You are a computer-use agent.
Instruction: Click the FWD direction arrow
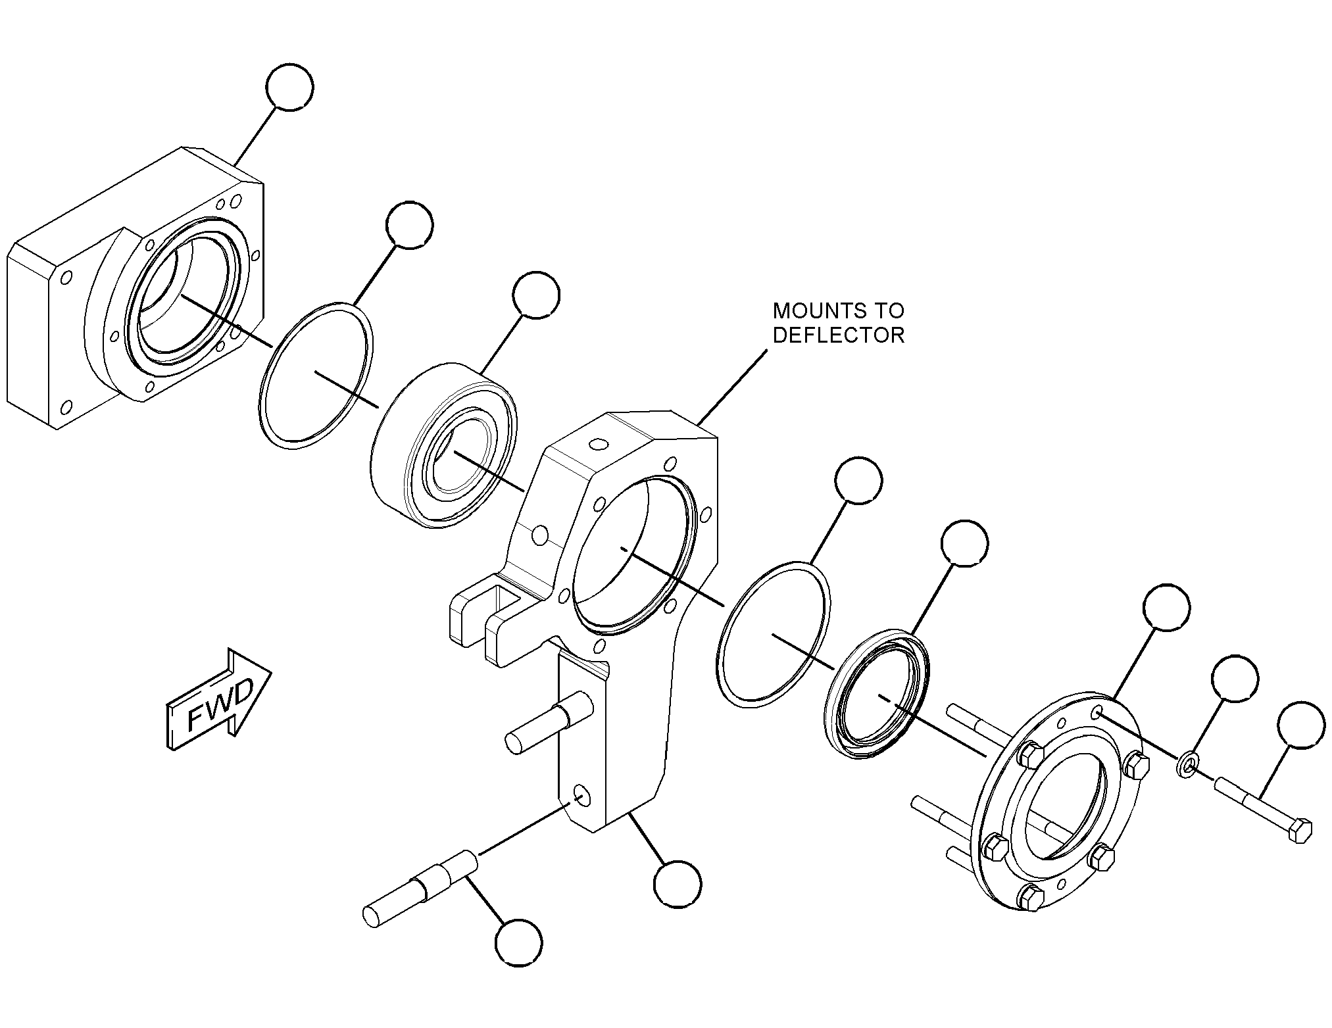(x=219, y=702)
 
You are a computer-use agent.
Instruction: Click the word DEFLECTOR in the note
(x=838, y=335)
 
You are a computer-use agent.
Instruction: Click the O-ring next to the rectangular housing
(x=317, y=376)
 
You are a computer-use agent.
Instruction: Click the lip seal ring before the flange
(x=877, y=695)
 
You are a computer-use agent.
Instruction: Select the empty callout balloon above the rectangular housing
(x=290, y=87)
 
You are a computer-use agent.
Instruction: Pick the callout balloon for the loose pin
(x=519, y=943)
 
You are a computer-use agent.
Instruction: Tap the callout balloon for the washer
(x=1235, y=679)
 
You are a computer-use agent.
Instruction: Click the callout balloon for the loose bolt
(x=1300, y=725)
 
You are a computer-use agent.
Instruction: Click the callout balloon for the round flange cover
(x=1167, y=607)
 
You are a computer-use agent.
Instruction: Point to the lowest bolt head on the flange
(x=1030, y=897)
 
